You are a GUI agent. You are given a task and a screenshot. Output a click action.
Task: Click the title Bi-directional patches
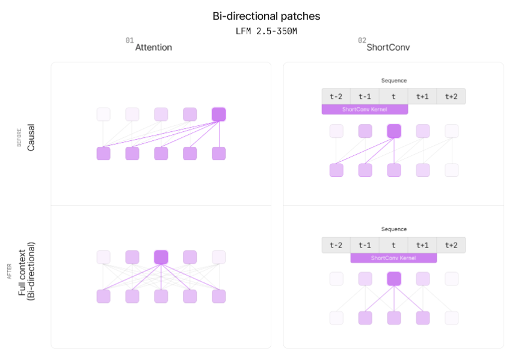point(266,16)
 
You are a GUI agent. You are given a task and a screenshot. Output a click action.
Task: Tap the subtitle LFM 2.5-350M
point(266,31)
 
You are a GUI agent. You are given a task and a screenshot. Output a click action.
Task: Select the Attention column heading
point(153,48)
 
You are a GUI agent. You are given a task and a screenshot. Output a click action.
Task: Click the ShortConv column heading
point(388,48)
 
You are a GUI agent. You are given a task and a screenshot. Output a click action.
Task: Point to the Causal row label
point(31,137)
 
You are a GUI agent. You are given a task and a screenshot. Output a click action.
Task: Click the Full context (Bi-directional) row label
point(27,271)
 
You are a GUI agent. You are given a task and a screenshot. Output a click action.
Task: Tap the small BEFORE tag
point(19,137)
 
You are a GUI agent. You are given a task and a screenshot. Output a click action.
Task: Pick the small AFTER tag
point(9,271)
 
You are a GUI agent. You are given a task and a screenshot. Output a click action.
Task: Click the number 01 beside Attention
point(129,40)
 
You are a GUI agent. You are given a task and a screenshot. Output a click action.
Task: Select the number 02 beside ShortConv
point(362,40)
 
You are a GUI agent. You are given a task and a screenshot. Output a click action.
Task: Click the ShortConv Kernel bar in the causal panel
point(365,110)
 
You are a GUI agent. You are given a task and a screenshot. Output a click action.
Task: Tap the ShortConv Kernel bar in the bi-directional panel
point(393,258)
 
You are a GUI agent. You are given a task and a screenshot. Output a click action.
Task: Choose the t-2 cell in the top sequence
point(336,96)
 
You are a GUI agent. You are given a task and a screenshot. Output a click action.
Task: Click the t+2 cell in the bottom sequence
point(451,245)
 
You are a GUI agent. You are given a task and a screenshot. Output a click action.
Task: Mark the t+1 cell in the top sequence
point(422,96)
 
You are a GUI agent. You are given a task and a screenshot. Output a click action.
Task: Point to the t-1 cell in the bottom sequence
point(365,245)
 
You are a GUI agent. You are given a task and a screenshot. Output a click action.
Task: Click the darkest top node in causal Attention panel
point(219,114)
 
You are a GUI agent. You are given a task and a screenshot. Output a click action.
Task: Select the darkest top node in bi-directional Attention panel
point(161,257)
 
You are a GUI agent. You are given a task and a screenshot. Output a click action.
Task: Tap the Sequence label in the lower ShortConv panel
point(394,229)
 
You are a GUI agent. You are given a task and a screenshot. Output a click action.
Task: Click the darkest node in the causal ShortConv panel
point(394,131)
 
